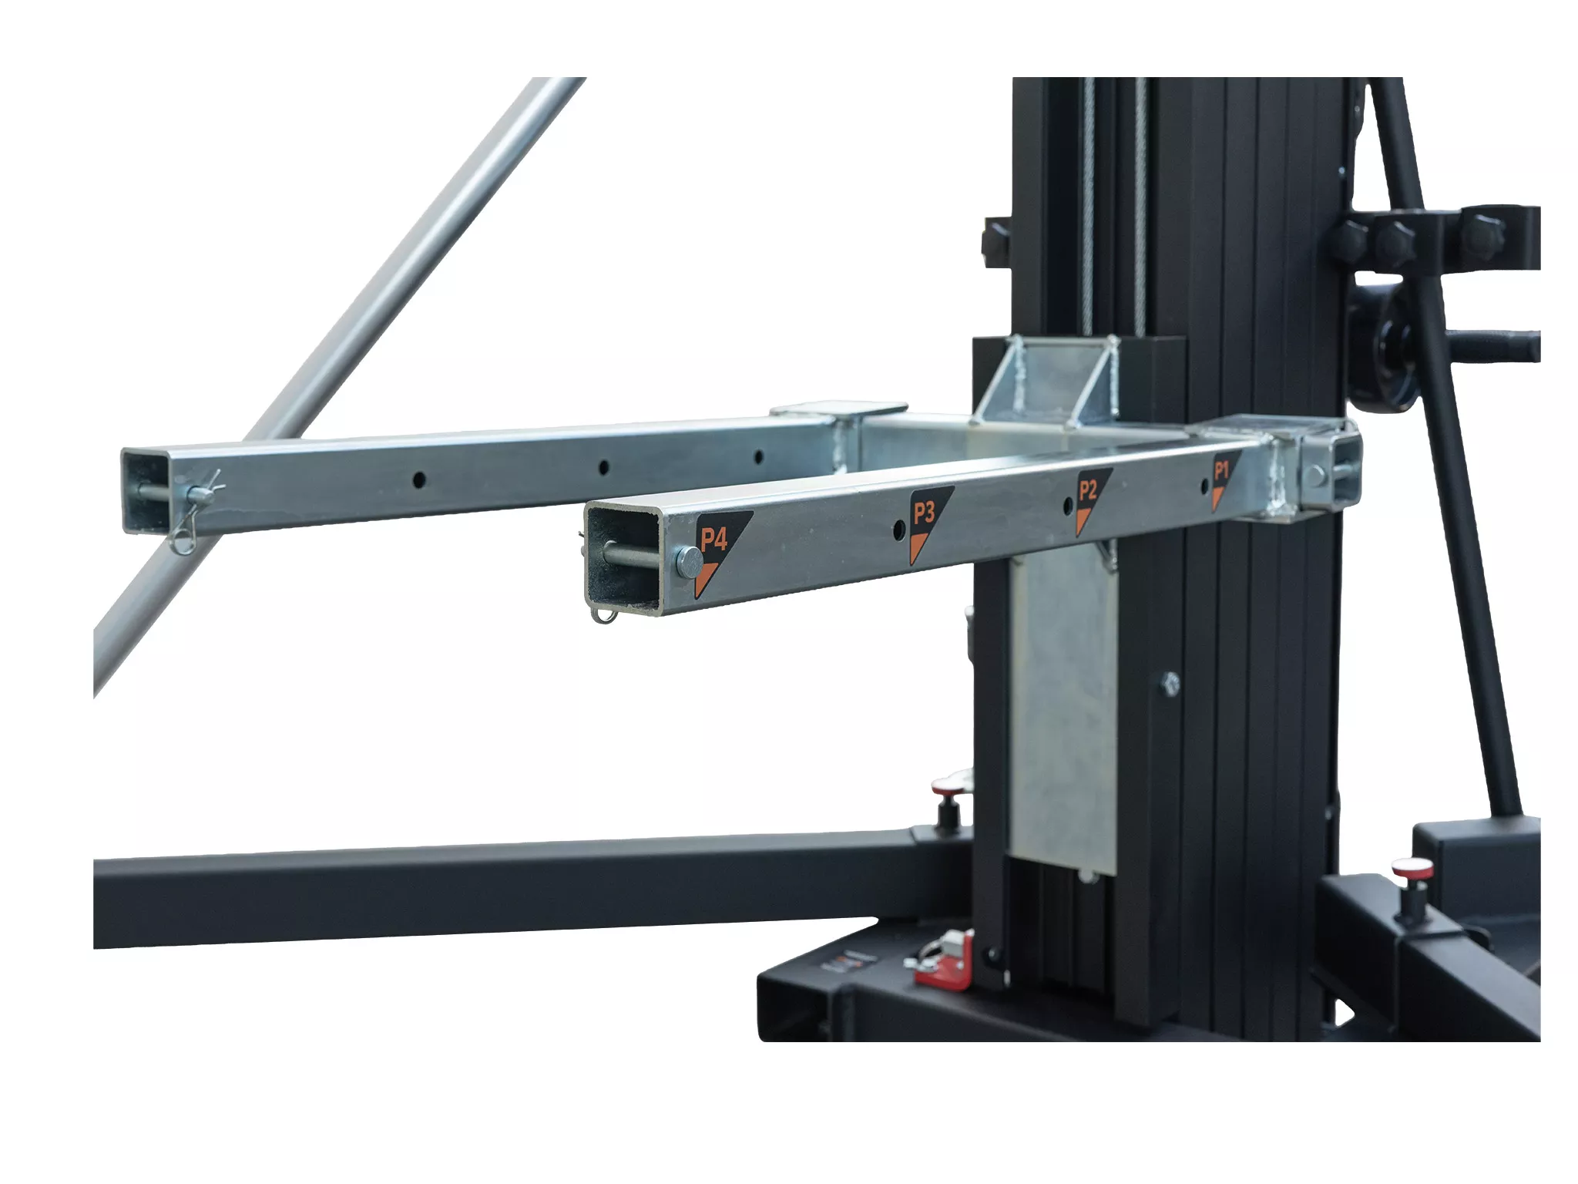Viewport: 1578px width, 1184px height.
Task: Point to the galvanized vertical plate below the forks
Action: click(x=1063, y=709)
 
